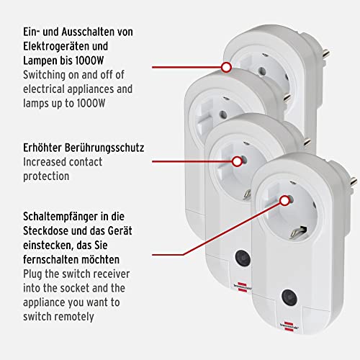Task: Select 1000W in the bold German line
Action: click(89, 60)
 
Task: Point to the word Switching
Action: click(44, 76)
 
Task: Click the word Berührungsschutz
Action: click(104, 148)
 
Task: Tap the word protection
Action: click(46, 176)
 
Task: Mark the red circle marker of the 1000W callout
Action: click(226, 67)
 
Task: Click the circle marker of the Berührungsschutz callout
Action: click(237, 161)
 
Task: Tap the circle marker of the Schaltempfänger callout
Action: click(285, 201)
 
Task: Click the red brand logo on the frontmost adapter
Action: click(289, 327)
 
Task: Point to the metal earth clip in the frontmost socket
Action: click(298, 233)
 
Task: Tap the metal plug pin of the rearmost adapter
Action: click(325, 53)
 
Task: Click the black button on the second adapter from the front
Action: click(243, 258)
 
